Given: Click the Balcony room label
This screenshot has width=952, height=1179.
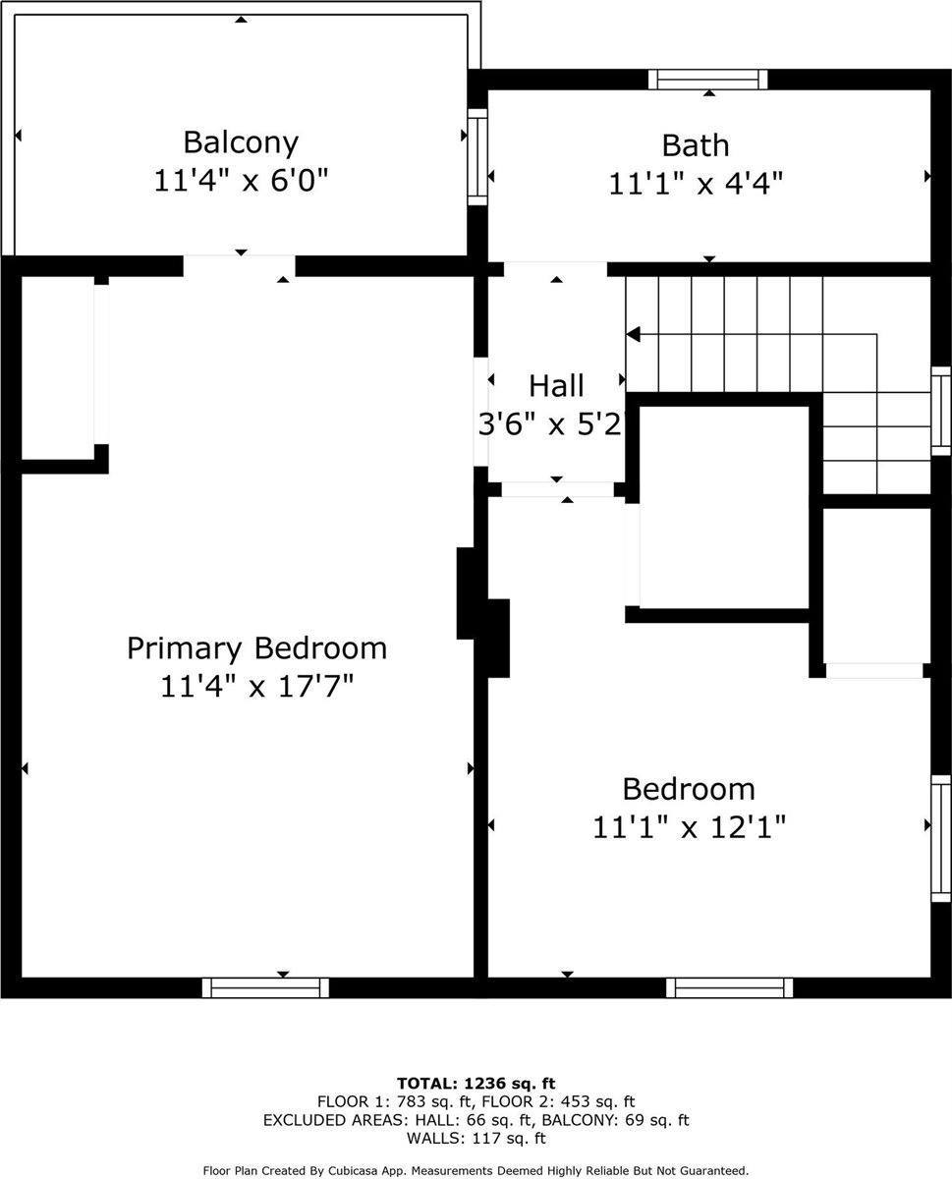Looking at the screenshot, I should point(241,142).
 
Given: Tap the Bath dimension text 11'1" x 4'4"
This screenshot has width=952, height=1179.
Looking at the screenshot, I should point(696,184).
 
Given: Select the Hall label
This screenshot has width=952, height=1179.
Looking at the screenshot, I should point(556,385).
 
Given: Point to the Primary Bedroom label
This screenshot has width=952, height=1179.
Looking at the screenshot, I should point(256,648).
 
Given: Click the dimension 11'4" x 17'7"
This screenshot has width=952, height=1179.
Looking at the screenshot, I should point(256,686).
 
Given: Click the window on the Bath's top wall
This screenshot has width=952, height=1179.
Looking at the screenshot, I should point(707,80).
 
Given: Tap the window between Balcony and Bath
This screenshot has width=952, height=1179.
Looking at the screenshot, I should point(477,157).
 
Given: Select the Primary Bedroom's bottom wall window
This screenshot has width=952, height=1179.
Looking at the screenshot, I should point(265,987).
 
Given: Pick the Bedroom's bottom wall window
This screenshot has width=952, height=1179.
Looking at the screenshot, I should point(729,987).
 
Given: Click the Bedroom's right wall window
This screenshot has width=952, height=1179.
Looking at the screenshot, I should point(940,838).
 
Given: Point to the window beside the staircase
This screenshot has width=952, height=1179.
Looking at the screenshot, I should point(940,412).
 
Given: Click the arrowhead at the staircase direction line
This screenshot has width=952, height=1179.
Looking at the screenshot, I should point(634,334).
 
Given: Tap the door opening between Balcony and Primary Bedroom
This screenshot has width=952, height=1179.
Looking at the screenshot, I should point(240,265).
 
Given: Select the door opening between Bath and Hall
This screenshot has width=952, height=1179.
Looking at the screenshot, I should point(555,269).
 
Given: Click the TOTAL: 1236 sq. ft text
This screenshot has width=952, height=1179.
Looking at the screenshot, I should point(476,1083).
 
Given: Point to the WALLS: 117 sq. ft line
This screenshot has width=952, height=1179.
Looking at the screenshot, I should point(476,1139).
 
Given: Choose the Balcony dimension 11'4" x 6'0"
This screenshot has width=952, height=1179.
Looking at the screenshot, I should point(241,181).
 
